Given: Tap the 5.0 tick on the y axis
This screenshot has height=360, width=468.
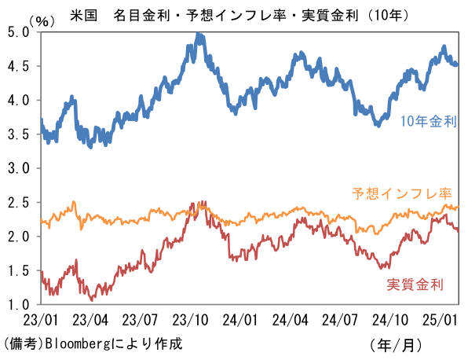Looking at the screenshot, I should (17, 32).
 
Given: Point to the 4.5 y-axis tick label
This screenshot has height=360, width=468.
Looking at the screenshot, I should (17, 66).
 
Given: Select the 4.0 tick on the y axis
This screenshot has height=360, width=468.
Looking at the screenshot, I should (17, 100).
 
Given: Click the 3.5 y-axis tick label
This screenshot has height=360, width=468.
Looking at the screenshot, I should (17, 134).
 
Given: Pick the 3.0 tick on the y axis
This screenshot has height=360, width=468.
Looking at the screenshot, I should (17, 168).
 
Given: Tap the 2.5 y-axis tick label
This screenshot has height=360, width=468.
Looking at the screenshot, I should (17, 202).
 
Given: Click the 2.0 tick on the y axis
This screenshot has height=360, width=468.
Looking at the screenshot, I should (17, 237).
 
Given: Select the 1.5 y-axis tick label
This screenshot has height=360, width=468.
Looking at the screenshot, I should (17, 270).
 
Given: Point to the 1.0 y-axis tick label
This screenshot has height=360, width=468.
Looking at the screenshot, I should (17, 304).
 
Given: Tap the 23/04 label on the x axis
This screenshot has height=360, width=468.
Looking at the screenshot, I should (90, 321).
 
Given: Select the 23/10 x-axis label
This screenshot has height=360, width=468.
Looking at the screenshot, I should (191, 321).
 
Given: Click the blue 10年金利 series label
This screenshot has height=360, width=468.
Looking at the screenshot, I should (429, 121).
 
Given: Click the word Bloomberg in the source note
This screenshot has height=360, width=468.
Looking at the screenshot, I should (79, 344).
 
